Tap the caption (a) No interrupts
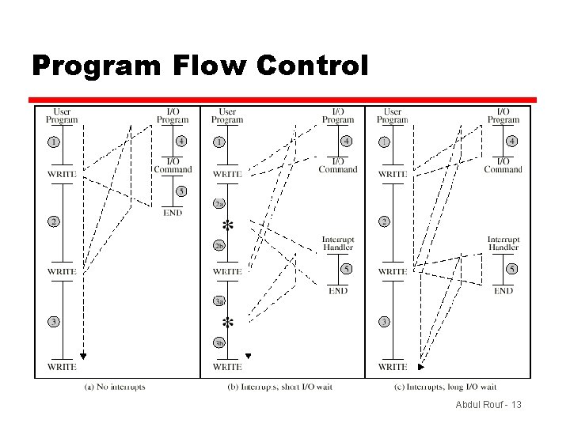click(x=114, y=387)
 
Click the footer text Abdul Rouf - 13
click(x=488, y=405)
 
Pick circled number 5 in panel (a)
click(x=181, y=191)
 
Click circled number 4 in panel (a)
click(x=181, y=142)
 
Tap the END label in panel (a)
click(x=173, y=212)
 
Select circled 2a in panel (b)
click(x=219, y=204)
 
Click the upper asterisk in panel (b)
click(x=228, y=225)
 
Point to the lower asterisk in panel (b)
click(x=228, y=323)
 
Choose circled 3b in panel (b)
click(x=219, y=342)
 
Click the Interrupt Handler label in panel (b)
click(x=338, y=244)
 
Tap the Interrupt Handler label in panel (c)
click(x=503, y=244)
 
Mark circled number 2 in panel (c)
click(x=384, y=221)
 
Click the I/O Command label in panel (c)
click(x=503, y=164)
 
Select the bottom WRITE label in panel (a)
click(x=62, y=367)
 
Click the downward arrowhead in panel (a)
click(x=82, y=356)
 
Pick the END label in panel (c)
click(x=503, y=291)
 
